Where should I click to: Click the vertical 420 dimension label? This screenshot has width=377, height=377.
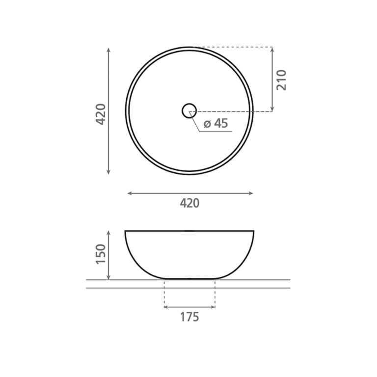coord(101,114)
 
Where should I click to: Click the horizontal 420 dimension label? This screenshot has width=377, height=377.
coord(189,203)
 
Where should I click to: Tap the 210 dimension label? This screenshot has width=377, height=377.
coord(282,80)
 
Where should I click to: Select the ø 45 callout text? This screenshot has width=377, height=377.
coord(215,123)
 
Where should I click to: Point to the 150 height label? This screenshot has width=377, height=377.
coord(101,254)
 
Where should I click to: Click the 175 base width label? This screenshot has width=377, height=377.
coord(189,317)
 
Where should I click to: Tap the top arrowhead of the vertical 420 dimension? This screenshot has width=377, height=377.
coord(108,50)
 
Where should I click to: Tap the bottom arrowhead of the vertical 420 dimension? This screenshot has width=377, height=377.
coord(108,172)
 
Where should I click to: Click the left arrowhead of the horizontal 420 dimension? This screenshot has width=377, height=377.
coord(130,193)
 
